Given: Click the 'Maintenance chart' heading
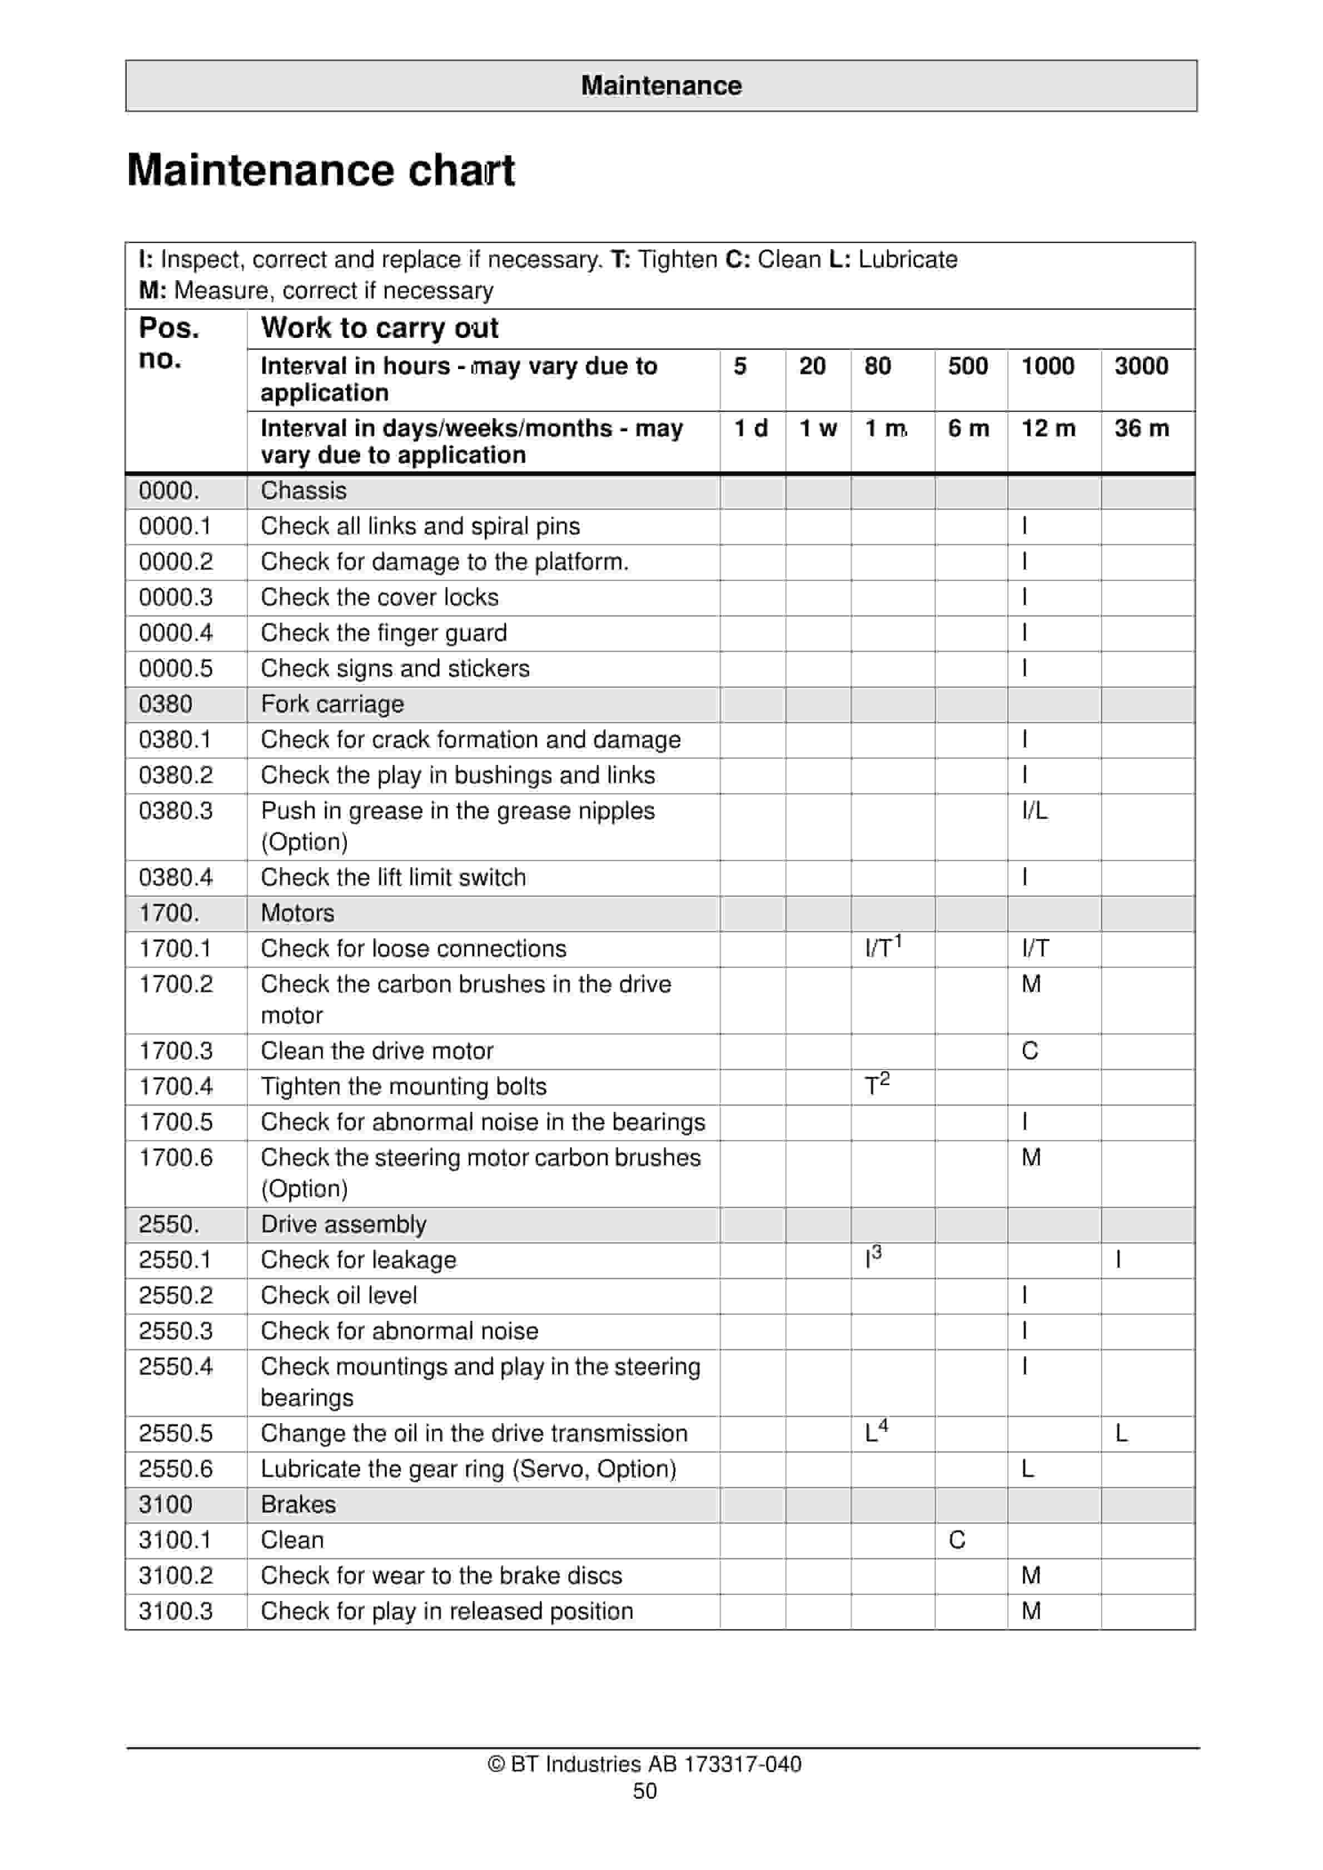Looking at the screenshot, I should pyautogui.click(x=320, y=171).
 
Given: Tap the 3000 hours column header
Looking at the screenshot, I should pyautogui.click(x=1141, y=366).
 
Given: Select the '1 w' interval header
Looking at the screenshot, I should pyautogui.click(x=817, y=429).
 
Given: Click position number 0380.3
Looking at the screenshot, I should pyautogui.click(x=175, y=810).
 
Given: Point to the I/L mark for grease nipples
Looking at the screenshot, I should pyautogui.click(x=1034, y=810).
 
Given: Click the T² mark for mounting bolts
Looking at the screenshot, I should pyautogui.click(x=877, y=1085).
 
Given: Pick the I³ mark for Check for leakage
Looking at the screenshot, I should pyautogui.click(x=873, y=1259).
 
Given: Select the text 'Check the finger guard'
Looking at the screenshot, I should pyautogui.click(x=384, y=633).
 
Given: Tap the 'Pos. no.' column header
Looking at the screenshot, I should pyautogui.click(x=168, y=343).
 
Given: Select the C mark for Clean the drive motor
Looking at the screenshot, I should pyautogui.click(x=1029, y=1051).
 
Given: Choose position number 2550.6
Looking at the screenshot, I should pyautogui.click(x=175, y=1469).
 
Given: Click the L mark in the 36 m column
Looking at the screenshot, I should pyautogui.click(x=1121, y=1434).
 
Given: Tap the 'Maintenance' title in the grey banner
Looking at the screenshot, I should pyautogui.click(x=661, y=86).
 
